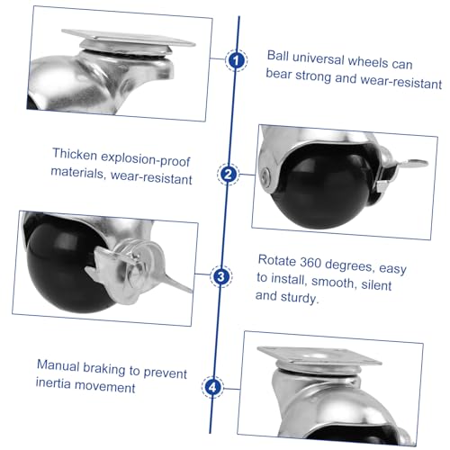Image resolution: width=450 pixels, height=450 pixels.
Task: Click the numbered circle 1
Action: click(237, 60)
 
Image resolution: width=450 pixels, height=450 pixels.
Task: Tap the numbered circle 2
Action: click(229, 174)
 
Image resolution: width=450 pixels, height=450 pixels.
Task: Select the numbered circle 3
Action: click(220, 276)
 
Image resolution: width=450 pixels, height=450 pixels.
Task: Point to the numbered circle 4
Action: click(212, 387)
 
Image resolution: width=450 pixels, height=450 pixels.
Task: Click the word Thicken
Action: click(75, 154)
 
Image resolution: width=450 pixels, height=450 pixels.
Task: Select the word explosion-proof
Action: click(146, 158)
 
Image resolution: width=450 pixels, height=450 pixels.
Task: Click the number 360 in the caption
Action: click(310, 263)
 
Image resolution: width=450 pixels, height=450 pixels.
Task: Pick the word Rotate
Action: click(277, 260)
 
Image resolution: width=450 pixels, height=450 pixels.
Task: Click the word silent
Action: click(376, 284)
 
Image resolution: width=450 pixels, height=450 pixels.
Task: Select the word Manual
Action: click(58, 365)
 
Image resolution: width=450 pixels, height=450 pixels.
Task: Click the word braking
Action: click(103, 368)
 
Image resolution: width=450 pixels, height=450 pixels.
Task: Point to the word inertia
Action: click(53, 383)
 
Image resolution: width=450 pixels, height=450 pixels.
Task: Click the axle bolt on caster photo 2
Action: click(265, 176)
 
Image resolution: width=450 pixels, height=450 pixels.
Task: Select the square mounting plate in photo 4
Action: click(319, 355)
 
